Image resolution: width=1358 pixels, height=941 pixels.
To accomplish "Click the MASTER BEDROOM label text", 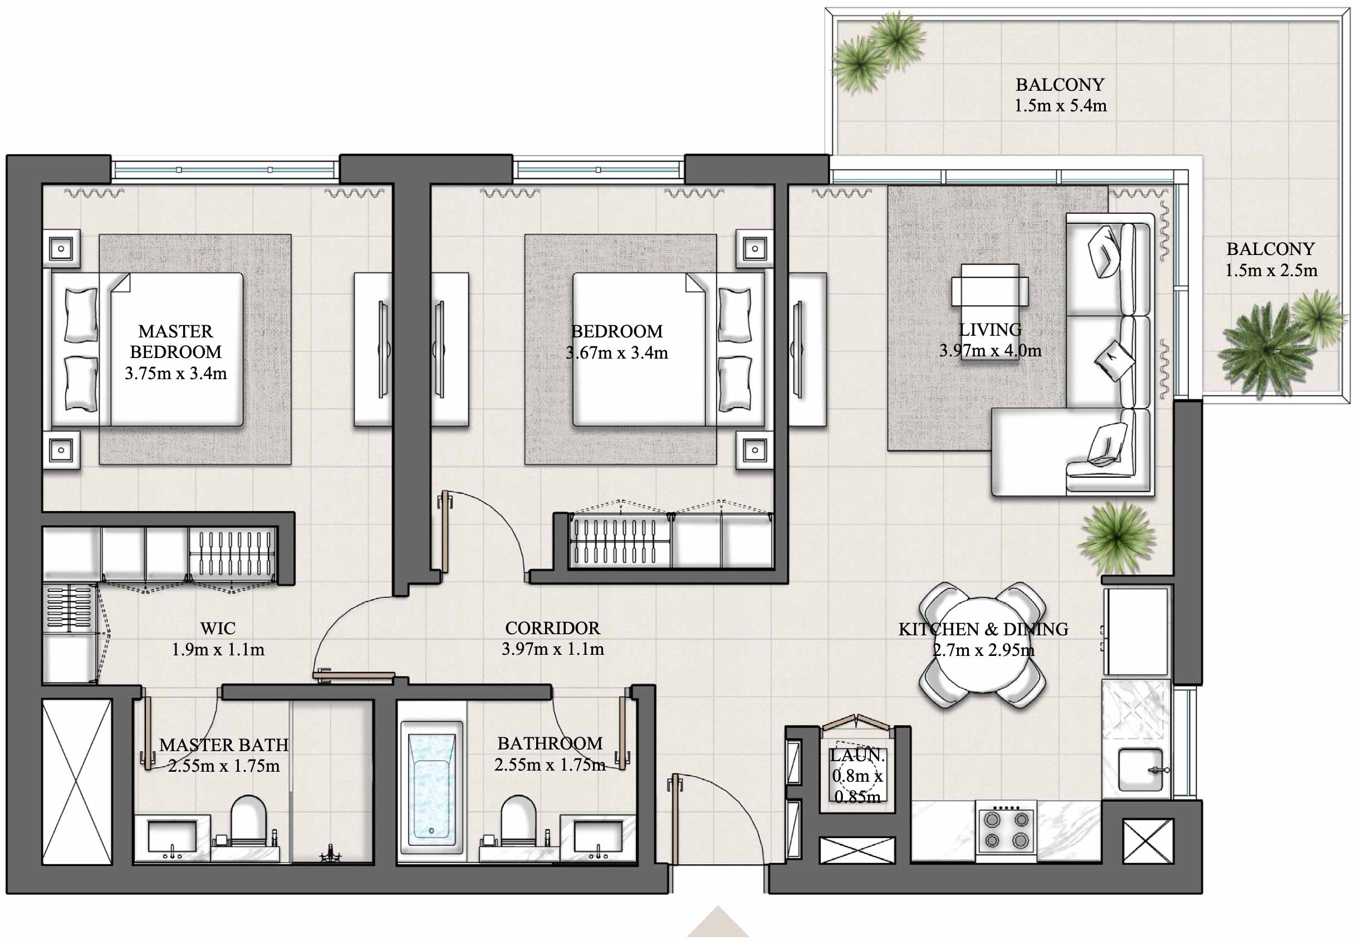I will click(x=175, y=341).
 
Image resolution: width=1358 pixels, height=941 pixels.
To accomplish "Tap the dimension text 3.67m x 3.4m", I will click(x=616, y=352).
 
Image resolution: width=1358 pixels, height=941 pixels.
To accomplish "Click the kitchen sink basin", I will click(x=1139, y=769).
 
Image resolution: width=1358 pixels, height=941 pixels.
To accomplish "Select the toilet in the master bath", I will click(x=248, y=819).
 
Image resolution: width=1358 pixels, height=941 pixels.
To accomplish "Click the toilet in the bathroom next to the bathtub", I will click(x=518, y=819).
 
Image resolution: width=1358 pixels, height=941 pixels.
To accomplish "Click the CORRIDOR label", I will click(x=552, y=628).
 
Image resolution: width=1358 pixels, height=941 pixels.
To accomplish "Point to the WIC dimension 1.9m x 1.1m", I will click(x=218, y=649).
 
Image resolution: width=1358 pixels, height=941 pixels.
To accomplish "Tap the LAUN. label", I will click(x=857, y=755).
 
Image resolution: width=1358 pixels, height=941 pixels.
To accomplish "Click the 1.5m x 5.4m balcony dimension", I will click(x=1060, y=106).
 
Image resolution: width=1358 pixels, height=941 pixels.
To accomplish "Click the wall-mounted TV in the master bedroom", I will click(x=383, y=349).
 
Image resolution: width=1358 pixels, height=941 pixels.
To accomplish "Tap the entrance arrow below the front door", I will click(x=717, y=923).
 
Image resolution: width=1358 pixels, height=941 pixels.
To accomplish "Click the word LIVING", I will click(x=990, y=330).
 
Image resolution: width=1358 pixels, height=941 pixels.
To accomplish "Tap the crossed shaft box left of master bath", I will click(x=77, y=782).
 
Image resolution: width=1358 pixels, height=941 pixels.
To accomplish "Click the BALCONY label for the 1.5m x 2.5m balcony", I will click(x=1270, y=249).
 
